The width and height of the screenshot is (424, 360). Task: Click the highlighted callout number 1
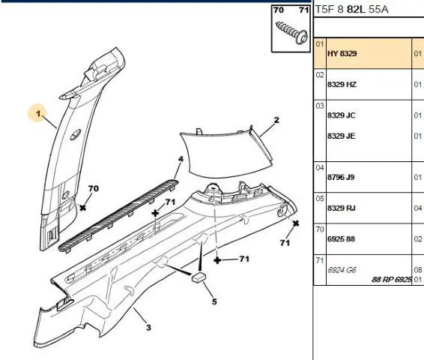coord(38,114)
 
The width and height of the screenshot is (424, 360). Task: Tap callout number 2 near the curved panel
coord(276,120)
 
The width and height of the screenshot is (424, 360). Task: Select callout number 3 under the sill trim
coord(148,328)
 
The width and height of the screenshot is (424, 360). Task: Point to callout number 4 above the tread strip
coord(181,159)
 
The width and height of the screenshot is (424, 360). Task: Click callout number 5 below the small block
coord(214,301)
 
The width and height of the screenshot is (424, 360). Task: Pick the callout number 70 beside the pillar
coord(94,188)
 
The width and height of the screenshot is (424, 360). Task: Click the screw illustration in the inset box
coord(291,32)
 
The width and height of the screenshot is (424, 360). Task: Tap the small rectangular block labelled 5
coord(199,277)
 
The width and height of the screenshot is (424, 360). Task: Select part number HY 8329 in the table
coord(342,53)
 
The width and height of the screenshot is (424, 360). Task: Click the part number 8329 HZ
coord(342,85)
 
